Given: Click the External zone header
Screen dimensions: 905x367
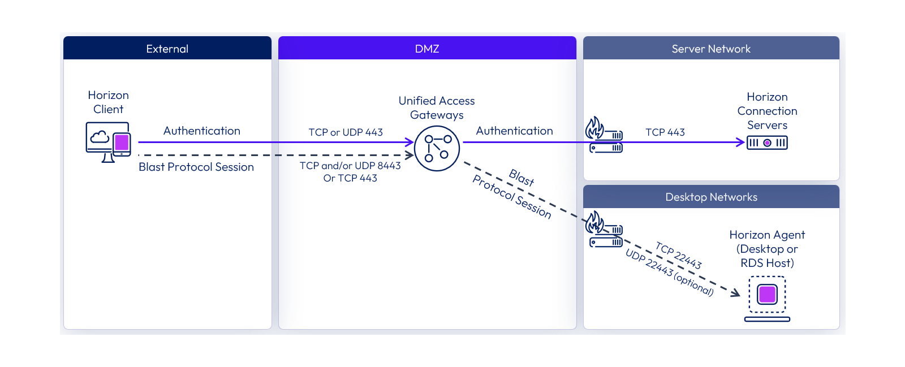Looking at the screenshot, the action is (167, 48).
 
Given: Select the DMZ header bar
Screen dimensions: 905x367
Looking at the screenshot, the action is (427, 48).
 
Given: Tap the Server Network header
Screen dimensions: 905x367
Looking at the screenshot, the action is (711, 48).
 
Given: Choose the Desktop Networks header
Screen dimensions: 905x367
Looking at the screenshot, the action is (711, 197).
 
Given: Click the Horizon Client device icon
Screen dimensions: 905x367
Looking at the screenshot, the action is (108, 142).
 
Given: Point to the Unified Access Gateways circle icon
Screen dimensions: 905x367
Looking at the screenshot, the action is (437, 148).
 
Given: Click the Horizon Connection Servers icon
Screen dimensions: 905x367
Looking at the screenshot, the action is (767, 143).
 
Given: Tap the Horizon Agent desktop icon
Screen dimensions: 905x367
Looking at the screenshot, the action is (767, 299).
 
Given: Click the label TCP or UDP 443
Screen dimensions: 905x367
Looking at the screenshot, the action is (346, 132).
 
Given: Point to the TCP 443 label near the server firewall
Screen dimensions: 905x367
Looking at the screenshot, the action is (665, 132).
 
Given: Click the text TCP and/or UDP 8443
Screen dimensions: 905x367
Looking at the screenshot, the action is (350, 166).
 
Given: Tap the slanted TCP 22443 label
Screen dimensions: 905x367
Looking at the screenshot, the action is (679, 255).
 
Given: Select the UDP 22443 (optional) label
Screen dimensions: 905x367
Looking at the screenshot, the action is (670, 272).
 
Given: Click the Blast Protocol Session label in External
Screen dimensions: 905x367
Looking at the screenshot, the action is (196, 167).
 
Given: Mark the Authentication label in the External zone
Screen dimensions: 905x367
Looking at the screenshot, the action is (201, 131).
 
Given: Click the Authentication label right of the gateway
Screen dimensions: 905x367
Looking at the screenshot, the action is (514, 131).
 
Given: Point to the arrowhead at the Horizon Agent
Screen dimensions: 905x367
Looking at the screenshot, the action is (736, 293).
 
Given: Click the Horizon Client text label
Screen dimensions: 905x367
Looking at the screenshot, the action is (108, 102).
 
